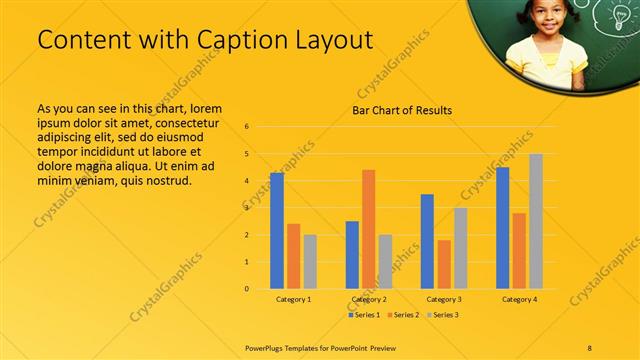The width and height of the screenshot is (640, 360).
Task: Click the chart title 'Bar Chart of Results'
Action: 401,110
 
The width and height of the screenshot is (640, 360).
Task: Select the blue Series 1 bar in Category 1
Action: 277,231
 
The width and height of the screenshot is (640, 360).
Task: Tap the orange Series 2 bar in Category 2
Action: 368,229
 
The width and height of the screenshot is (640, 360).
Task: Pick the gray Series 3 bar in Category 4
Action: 536,221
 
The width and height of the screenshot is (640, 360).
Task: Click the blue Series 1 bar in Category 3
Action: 427,241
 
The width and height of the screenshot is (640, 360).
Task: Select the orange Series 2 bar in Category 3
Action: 444,264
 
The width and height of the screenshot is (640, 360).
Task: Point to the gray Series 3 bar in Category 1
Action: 310,262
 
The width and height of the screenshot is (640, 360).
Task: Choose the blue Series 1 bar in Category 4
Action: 502,228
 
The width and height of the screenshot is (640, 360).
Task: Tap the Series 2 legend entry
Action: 402,315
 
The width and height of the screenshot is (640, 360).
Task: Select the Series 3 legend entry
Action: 442,315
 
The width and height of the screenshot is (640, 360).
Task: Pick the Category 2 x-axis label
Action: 368,299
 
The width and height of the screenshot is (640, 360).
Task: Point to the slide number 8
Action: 590,346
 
